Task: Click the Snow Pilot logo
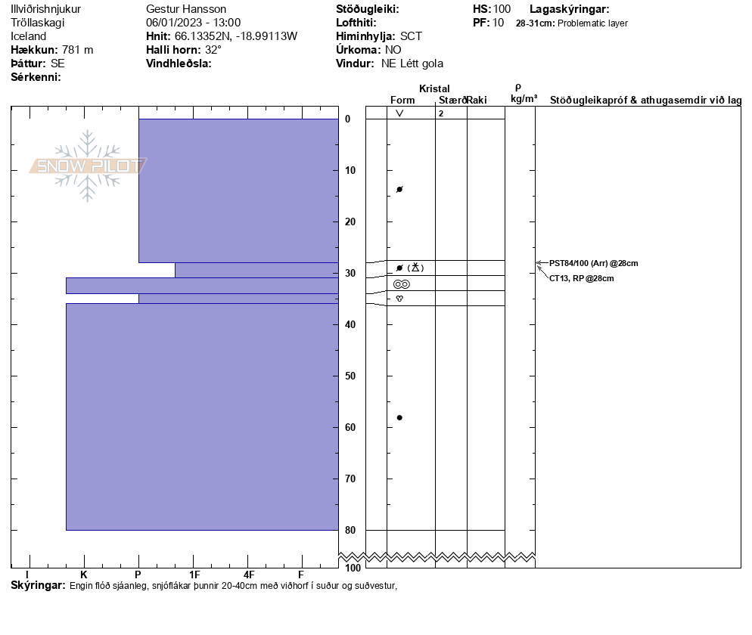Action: pos(88,166)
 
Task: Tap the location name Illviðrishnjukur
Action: pos(46,9)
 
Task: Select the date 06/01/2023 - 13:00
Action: pos(193,23)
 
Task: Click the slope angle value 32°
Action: pos(213,50)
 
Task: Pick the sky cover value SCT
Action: pos(411,36)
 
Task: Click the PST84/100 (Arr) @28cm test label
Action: pos(593,263)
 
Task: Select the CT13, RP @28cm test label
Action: pos(581,278)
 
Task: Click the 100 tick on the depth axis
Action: pos(353,568)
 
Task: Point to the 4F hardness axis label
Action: pos(249,575)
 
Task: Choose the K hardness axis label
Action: pos(84,575)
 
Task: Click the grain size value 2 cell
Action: pos(441,113)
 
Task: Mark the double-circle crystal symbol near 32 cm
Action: pos(401,283)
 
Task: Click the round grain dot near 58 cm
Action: pos(399,417)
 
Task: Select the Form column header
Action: pos(402,100)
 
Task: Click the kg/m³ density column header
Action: pos(524,99)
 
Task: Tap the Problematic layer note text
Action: pos(592,23)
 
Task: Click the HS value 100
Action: pos(502,9)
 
